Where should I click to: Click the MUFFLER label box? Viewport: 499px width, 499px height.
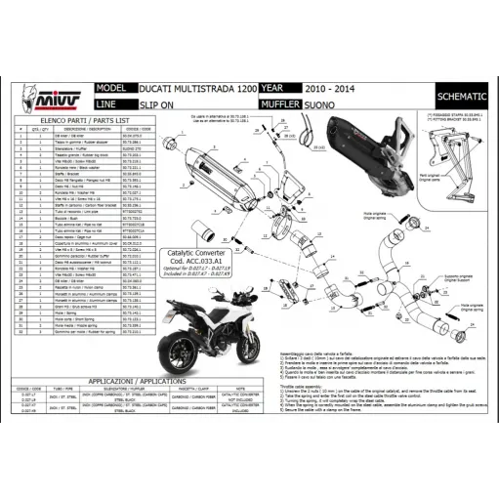point(283,103)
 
